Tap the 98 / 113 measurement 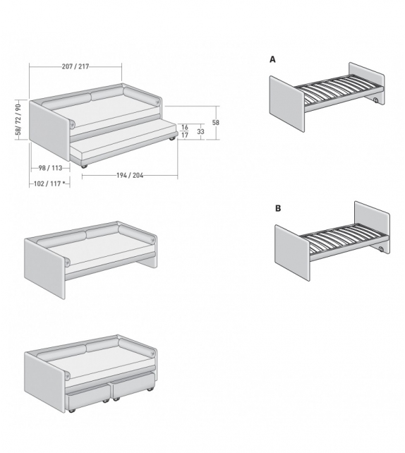(51, 168)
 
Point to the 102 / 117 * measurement (50, 183)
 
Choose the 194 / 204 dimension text (130, 176)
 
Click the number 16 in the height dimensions (184, 127)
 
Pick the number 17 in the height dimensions (184, 135)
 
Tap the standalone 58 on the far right (216, 123)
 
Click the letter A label (272, 60)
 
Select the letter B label (278, 209)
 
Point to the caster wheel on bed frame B (381, 250)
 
